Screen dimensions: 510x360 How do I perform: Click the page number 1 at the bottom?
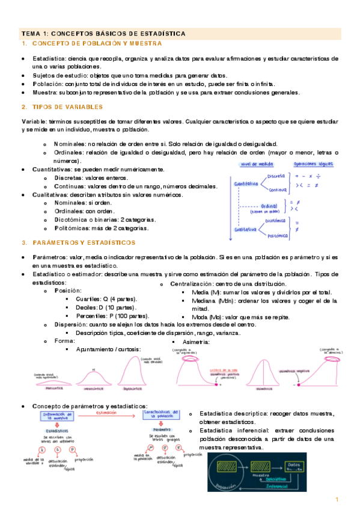338,500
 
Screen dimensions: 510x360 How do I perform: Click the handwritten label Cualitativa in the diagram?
246,229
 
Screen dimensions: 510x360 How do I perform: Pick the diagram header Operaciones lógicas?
314,164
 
